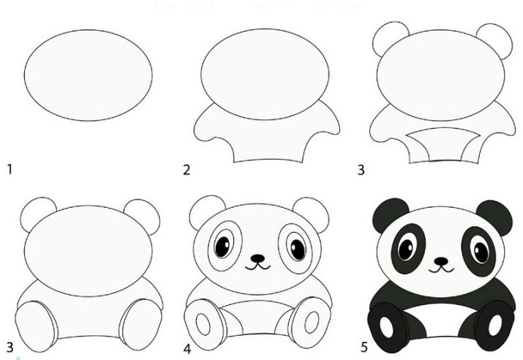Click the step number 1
10,169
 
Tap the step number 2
187,170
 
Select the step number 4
187,349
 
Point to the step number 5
364,348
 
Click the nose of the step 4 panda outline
257,258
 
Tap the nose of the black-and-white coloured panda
441,261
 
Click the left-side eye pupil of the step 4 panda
222,247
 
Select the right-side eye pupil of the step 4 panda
298,250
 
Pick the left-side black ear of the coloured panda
390,214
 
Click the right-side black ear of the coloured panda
494,217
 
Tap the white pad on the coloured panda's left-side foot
386,326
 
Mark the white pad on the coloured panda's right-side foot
495,325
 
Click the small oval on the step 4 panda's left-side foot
203,324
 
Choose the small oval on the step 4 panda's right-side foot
312,322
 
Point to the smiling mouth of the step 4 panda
257,266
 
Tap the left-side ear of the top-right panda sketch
390,38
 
